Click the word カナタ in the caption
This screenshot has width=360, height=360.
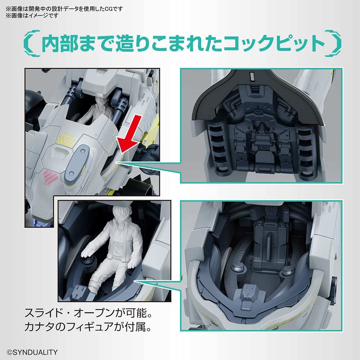39,327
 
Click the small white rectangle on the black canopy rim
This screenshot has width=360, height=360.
252,76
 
